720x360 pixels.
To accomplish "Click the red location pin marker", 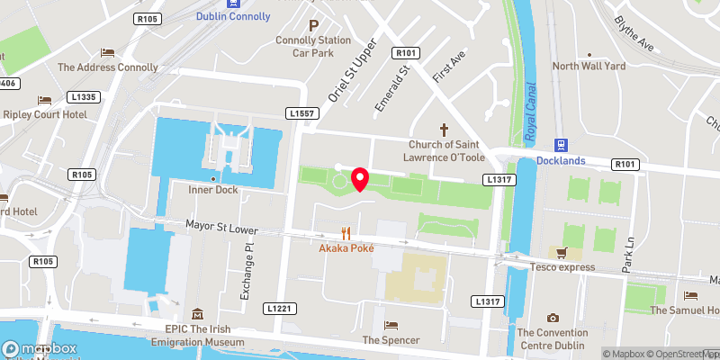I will pyautogui.click(x=360, y=179).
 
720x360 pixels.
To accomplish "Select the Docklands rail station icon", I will pyautogui.click(x=561, y=144).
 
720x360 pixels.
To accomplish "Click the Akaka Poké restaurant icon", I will pyautogui.click(x=346, y=231).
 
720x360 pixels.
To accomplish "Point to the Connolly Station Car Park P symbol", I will pyautogui.click(x=313, y=27).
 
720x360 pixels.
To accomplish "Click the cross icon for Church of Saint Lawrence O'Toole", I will pyautogui.click(x=442, y=130).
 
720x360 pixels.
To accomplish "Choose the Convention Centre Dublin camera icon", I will pyautogui.click(x=553, y=317).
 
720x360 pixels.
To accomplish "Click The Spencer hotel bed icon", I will pyautogui.click(x=390, y=325).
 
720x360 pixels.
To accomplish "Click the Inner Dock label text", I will pyautogui.click(x=212, y=190).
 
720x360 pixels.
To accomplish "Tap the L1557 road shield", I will pyautogui.click(x=302, y=114).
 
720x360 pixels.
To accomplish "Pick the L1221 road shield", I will pyautogui.click(x=280, y=309).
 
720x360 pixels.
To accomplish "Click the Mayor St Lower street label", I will pyautogui.click(x=221, y=229).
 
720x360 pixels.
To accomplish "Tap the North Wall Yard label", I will pyautogui.click(x=589, y=66).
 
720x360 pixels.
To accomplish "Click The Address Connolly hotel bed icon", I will pyautogui.click(x=108, y=52).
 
